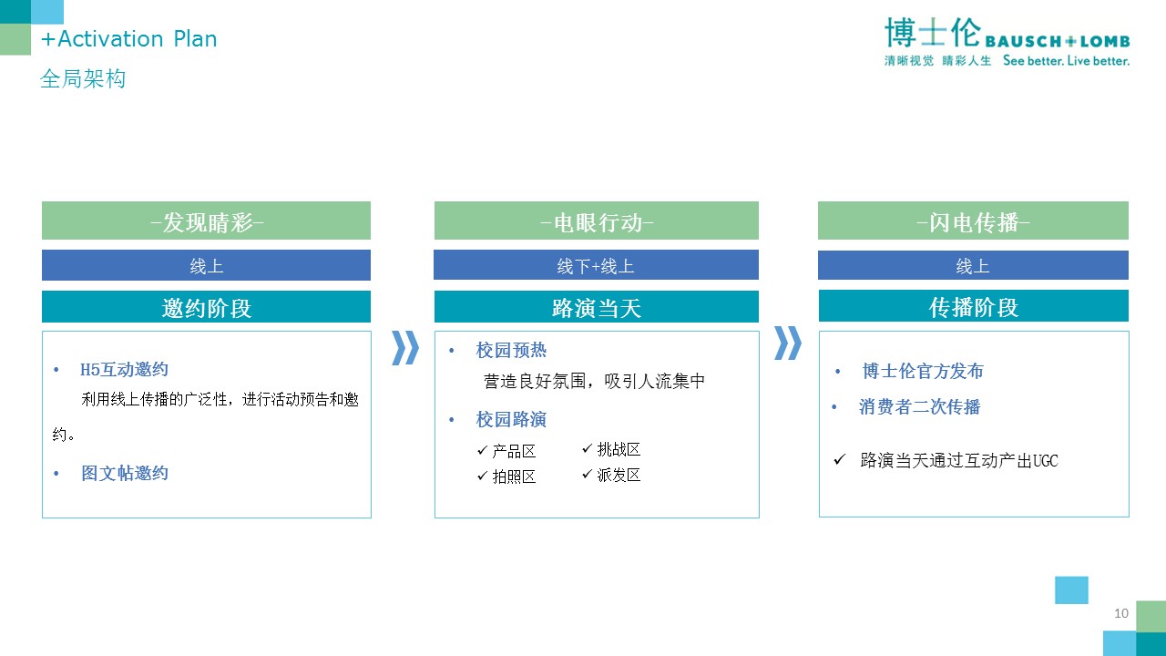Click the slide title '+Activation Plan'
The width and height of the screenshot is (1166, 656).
click(x=128, y=39)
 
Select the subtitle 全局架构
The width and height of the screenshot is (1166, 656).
click(x=83, y=78)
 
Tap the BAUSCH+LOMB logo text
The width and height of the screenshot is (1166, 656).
click(x=1058, y=41)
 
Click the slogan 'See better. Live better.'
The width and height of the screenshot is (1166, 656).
click(x=1066, y=61)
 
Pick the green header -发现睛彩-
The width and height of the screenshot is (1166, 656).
click(x=206, y=220)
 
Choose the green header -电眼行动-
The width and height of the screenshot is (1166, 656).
click(x=597, y=220)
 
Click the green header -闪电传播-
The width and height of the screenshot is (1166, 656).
click(x=973, y=220)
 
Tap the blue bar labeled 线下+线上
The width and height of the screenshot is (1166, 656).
click(x=596, y=265)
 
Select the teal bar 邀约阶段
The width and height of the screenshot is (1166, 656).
click(x=206, y=307)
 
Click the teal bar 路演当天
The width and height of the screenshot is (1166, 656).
click(x=597, y=307)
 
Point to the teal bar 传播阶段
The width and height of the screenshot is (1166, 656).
click(x=974, y=306)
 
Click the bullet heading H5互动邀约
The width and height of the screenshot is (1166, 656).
click(x=124, y=370)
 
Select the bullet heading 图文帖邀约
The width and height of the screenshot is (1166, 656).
click(x=125, y=473)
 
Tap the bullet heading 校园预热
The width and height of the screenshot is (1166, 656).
click(x=511, y=351)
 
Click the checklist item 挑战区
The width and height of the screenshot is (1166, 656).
click(x=619, y=449)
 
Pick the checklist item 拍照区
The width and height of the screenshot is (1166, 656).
click(x=514, y=477)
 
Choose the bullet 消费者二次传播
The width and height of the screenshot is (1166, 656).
click(x=920, y=406)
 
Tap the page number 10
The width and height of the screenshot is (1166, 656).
click(x=1121, y=613)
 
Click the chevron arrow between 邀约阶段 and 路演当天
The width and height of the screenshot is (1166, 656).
click(x=405, y=347)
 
